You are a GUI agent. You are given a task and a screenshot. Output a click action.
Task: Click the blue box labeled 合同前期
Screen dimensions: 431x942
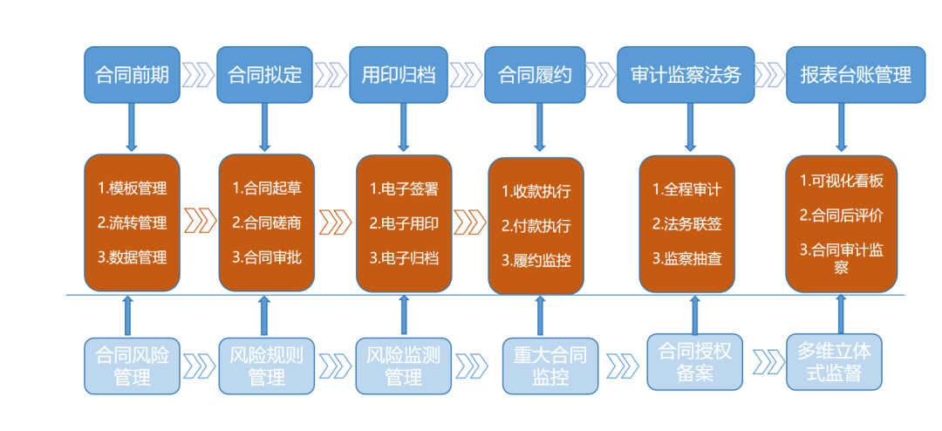click(x=133, y=74)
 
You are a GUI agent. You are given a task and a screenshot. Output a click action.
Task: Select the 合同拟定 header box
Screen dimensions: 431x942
click(x=265, y=74)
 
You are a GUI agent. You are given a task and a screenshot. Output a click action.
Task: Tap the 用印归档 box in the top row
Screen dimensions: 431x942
click(x=404, y=74)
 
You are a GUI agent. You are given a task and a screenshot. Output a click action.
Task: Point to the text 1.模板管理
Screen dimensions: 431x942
click(x=132, y=188)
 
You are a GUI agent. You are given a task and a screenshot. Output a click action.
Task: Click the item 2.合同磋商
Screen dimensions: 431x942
click(x=266, y=222)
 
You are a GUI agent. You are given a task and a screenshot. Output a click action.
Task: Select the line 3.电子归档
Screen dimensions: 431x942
click(x=404, y=257)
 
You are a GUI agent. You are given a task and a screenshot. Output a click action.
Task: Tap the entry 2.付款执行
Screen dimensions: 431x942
click(x=536, y=226)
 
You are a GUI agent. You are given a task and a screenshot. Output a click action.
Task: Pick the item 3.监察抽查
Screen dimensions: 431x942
click(x=686, y=258)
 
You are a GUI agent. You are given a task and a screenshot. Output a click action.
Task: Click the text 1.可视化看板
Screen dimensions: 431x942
click(x=842, y=181)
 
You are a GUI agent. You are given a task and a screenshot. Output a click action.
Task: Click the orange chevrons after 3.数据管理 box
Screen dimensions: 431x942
click(x=200, y=221)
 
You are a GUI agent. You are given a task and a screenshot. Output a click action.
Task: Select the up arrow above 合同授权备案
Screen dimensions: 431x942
click(x=694, y=314)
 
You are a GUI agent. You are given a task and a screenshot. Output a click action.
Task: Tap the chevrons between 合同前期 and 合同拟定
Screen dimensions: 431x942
click(x=199, y=74)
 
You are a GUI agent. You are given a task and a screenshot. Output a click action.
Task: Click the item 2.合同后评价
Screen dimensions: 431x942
click(x=842, y=214)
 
